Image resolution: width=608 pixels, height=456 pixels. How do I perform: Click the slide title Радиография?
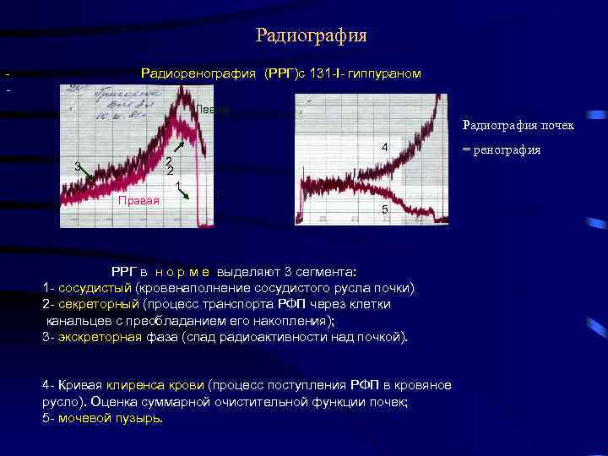[311, 35]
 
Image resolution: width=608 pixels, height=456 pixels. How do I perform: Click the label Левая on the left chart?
[212, 111]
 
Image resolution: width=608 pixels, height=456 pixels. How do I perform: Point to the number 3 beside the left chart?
[77, 166]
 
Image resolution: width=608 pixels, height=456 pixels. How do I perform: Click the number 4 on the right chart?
[384, 148]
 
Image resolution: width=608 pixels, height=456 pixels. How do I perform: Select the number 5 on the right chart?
[384, 209]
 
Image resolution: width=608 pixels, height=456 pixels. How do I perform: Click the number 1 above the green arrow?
[178, 185]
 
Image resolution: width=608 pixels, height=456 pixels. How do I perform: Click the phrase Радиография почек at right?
[518, 126]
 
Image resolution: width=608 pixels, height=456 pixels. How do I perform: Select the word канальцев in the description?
[77, 321]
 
